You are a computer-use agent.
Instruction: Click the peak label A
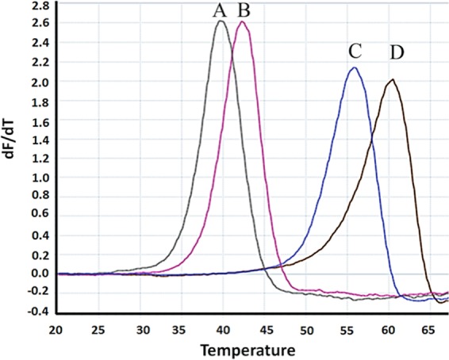click(x=220, y=10)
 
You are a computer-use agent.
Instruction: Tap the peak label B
click(x=244, y=10)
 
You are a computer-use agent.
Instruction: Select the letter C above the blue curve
click(x=354, y=51)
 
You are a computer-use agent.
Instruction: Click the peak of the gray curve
click(x=221, y=21)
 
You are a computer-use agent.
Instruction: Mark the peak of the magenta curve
click(x=244, y=22)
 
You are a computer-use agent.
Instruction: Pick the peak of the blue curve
click(x=355, y=67)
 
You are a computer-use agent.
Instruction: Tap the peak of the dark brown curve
click(x=391, y=79)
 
